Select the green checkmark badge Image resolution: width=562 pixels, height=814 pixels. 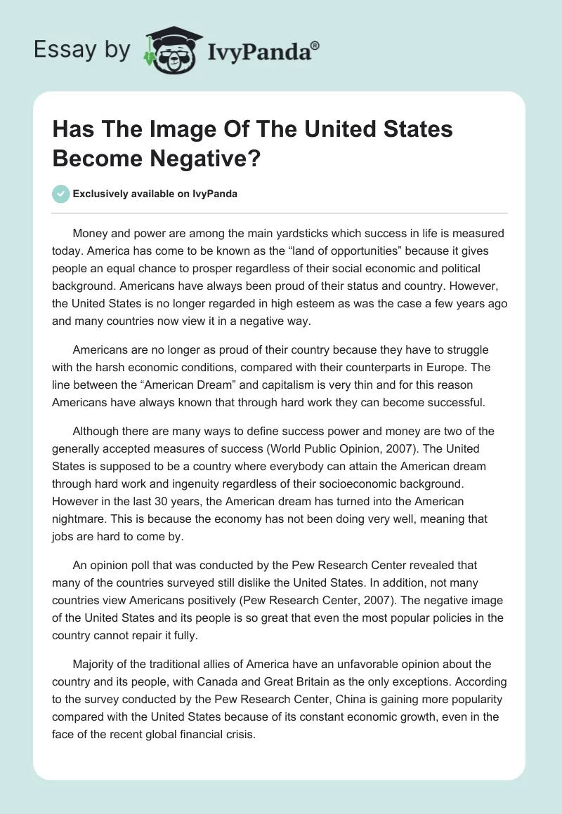click(61, 194)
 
